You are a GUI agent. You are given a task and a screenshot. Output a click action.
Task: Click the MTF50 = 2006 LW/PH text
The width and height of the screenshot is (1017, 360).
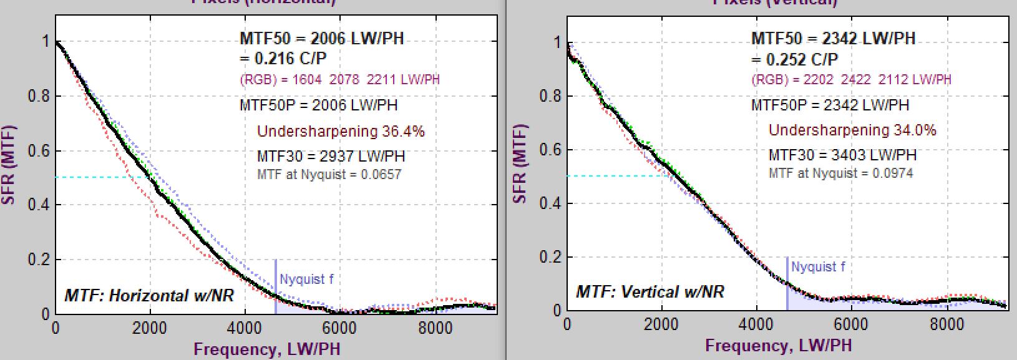click(x=321, y=39)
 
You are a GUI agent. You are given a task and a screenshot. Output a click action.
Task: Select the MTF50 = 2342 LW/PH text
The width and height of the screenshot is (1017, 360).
click(x=833, y=39)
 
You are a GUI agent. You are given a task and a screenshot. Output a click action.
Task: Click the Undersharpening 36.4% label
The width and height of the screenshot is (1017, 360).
click(x=341, y=131)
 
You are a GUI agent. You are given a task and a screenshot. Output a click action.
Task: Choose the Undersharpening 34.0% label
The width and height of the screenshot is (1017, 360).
click(x=852, y=130)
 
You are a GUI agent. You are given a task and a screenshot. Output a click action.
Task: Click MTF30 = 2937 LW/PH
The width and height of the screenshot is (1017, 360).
click(x=331, y=155)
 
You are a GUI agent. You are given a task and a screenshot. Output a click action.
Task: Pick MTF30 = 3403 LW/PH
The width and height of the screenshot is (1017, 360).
click(x=842, y=154)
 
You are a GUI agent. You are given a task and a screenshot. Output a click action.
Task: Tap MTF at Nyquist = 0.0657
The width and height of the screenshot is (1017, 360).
click(x=329, y=174)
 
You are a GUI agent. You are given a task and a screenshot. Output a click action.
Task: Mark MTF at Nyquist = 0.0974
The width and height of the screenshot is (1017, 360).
click(x=840, y=173)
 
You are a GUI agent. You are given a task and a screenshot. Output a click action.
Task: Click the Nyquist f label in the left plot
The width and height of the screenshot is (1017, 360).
click(x=306, y=279)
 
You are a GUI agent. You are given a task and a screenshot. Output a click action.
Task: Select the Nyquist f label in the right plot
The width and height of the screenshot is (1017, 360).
click(x=818, y=267)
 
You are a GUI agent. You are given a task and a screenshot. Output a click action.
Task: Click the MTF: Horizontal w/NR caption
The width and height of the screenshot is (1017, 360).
click(x=149, y=294)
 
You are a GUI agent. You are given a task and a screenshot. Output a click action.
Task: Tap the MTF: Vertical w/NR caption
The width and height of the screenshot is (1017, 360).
click(x=650, y=291)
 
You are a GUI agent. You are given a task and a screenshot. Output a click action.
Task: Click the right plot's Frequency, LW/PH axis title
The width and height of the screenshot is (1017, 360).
click(x=778, y=345)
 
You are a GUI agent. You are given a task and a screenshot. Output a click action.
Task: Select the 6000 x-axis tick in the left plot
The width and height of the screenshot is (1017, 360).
click(x=339, y=328)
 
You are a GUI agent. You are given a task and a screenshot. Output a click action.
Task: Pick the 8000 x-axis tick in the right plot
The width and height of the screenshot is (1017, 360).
click(x=946, y=324)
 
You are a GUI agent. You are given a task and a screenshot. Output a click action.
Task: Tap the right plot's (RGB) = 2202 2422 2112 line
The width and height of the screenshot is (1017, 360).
click(x=852, y=79)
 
